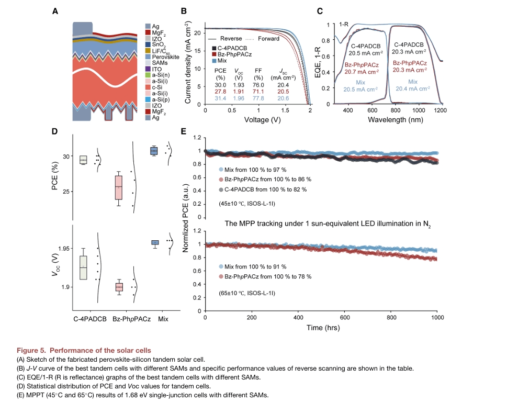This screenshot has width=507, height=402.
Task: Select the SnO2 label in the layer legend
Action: tap(159, 44)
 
